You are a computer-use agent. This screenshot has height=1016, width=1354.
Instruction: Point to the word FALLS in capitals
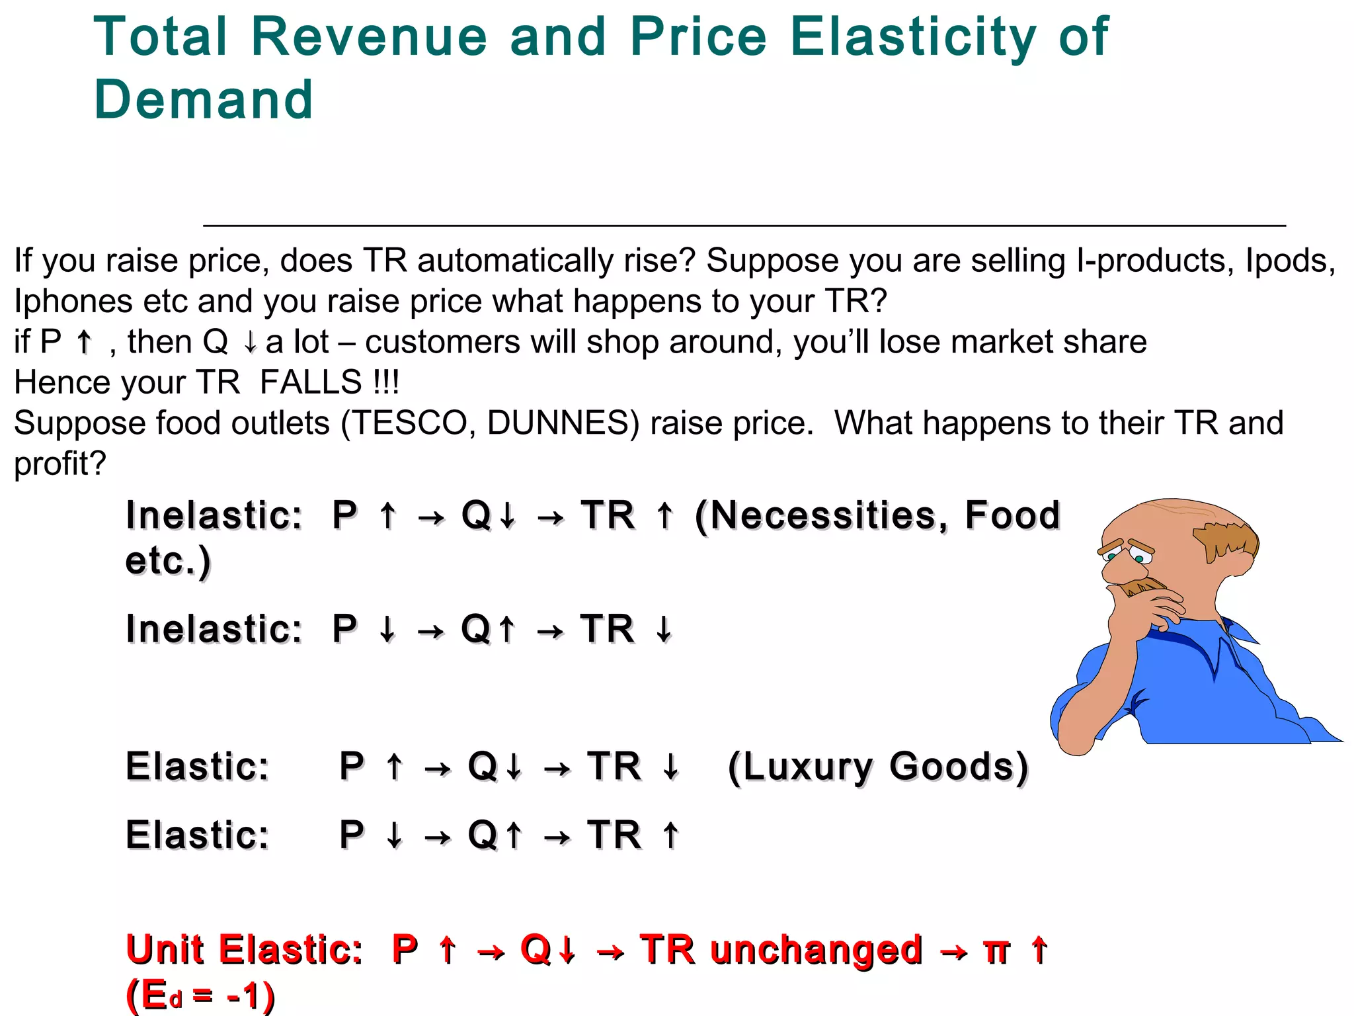311,382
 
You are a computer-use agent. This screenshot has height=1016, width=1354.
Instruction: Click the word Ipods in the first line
1285,260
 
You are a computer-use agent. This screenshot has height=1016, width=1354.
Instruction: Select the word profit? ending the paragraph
60,464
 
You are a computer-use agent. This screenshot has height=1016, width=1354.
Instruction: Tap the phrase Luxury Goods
878,767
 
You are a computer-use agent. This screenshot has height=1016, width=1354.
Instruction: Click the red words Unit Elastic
243,949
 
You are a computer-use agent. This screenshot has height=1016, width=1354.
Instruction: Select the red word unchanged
816,949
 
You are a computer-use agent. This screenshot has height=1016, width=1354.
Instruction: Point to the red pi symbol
996,952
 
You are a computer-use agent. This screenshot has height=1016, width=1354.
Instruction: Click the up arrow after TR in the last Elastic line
670,835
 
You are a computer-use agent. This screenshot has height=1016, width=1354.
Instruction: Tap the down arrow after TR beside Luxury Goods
670,767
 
